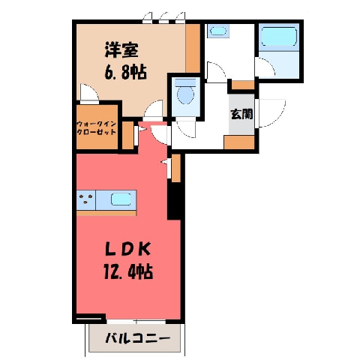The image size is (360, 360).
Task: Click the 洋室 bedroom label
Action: (x=121, y=50)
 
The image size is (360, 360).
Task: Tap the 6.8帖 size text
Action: (x=126, y=72)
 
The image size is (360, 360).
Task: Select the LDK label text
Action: (x=127, y=249)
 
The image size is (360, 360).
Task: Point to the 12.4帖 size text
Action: (x=128, y=271)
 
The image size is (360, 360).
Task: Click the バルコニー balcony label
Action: (x=137, y=339)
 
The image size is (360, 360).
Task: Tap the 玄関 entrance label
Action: (x=241, y=114)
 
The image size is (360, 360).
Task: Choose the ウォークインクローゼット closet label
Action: (x=97, y=127)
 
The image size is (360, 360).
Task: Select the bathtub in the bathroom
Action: (x=279, y=37)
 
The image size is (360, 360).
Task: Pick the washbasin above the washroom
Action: (x=218, y=31)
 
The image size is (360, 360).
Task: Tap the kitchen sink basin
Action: (x=121, y=199)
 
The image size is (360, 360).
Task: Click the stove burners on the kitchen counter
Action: (x=85, y=199)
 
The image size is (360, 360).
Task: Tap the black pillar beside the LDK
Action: (x=174, y=200)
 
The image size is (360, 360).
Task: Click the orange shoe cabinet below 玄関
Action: (x=239, y=142)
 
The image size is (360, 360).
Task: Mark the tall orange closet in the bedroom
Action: (x=193, y=48)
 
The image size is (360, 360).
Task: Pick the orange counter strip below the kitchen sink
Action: (x=106, y=213)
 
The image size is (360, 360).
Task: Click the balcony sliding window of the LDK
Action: (x=136, y=322)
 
